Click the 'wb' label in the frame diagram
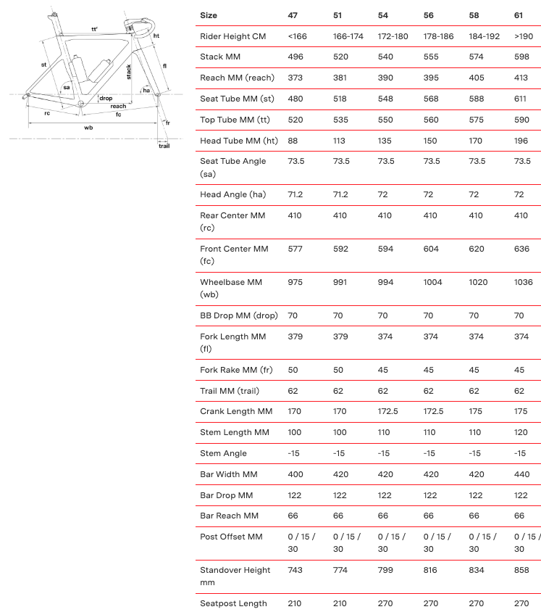[88, 127]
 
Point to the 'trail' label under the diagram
[164, 146]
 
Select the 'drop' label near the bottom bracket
[106, 98]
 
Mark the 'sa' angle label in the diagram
[67, 88]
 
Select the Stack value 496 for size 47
[296, 57]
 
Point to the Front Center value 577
[296, 249]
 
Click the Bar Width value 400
[296, 474]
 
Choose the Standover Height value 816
[432, 570]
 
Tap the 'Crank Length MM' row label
[236, 412]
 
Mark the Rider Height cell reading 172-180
[393, 36]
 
